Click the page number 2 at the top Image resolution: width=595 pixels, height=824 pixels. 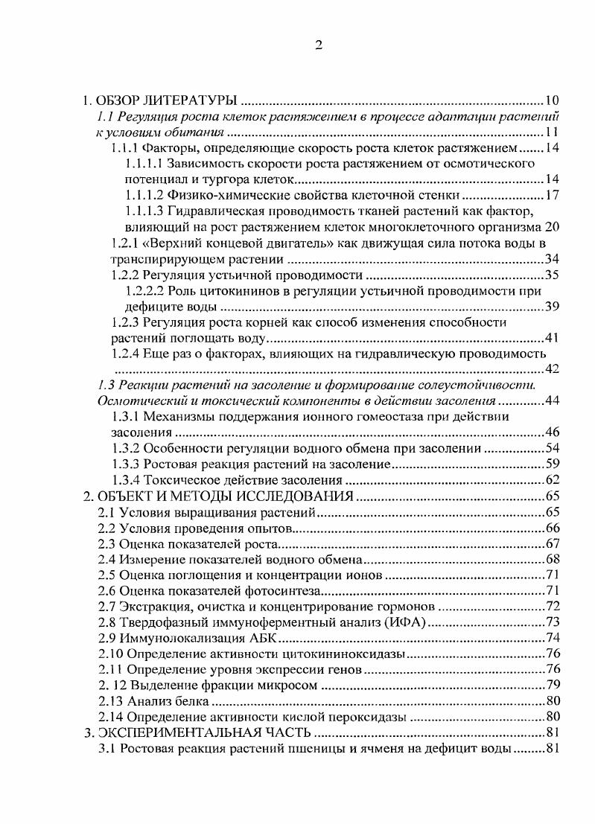(x=318, y=46)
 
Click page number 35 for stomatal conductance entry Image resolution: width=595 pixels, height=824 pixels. (x=551, y=275)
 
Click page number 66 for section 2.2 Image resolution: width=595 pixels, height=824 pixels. (x=552, y=529)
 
